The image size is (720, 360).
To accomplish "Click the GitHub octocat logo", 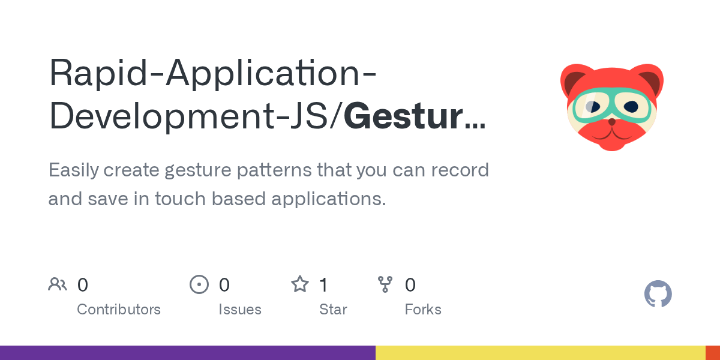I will coord(658,294).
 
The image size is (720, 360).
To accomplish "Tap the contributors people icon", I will coord(58,284).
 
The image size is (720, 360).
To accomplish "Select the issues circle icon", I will coord(199,284).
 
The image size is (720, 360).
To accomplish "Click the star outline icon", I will coord(299,284).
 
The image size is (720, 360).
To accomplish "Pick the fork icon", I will coord(385,284).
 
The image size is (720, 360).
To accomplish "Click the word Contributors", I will coord(119,310).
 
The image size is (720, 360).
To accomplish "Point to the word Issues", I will coord(240,310).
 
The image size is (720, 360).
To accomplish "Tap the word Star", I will coord(333,310).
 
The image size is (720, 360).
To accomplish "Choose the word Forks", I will coord(423,310).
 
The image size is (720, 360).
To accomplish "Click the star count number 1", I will coord(323,284).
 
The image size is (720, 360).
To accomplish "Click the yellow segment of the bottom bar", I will coord(540,353).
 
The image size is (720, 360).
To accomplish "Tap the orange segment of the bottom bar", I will coord(713,353).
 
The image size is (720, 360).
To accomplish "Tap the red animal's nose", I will coord(611,122).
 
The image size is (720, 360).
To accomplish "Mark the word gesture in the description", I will coord(194,170).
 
